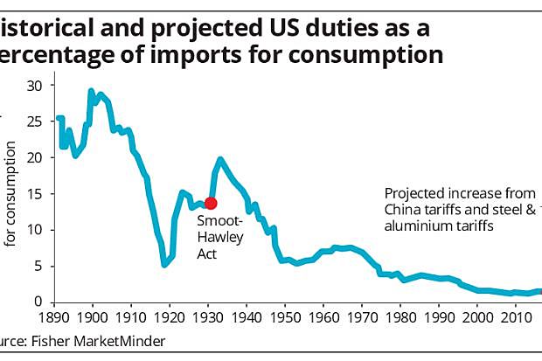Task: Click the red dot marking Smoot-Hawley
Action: (x=211, y=203)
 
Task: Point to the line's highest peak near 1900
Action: (x=91, y=90)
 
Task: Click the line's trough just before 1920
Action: (x=164, y=264)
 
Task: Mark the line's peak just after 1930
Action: (x=220, y=159)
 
